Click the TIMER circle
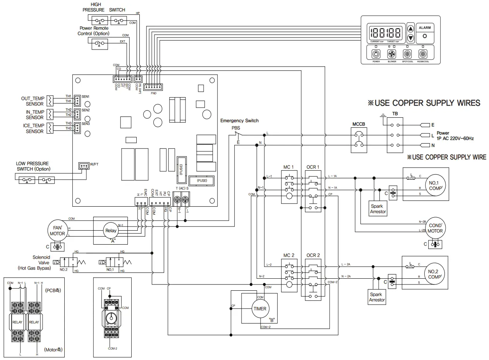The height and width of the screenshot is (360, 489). (260, 309)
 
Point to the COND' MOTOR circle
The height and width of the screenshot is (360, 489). (435, 228)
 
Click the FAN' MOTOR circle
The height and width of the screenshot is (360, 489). (57, 231)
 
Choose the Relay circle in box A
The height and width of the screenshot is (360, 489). (111, 231)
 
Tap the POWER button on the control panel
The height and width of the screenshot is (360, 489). (376, 54)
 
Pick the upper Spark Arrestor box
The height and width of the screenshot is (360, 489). (378, 209)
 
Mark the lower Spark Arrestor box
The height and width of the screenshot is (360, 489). (377, 297)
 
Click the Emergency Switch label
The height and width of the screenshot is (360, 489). (239, 121)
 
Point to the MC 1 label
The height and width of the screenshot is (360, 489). (288, 167)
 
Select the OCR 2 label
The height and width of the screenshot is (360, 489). (313, 255)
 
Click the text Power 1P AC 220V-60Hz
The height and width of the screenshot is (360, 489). (455, 135)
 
